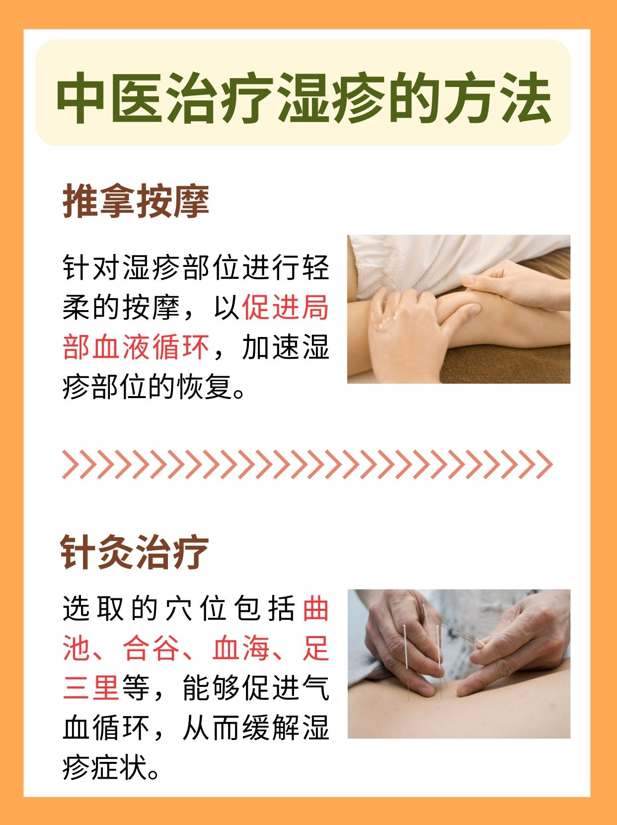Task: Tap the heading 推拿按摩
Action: click(136, 201)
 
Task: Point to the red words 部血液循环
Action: click(136, 347)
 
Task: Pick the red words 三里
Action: click(91, 688)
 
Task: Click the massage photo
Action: click(458, 309)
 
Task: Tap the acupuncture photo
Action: click(458, 663)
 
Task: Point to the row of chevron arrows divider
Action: click(307, 465)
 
